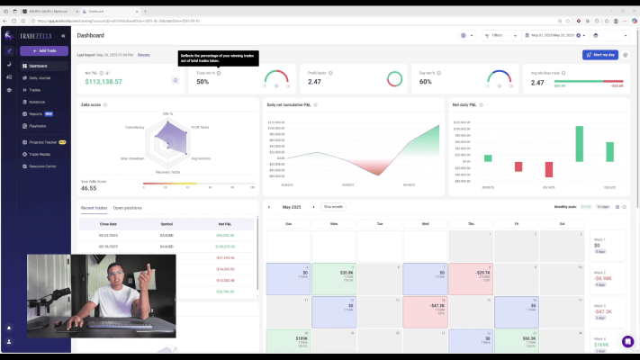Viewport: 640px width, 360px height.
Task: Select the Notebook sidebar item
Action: [x=37, y=102]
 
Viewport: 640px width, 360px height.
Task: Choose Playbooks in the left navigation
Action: [x=38, y=125]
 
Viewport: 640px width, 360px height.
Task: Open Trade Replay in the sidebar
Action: [x=41, y=154]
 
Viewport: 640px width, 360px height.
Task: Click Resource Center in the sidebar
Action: [x=43, y=166]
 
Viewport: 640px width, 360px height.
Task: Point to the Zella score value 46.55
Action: [x=89, y=188]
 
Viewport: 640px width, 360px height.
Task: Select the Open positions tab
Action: [x=127, y=208]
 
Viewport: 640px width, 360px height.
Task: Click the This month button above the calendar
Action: [x=333, y=207]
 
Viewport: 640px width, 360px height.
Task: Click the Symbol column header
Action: [x=167, y=223]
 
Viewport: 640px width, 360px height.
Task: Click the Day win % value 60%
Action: [x=426, y=82]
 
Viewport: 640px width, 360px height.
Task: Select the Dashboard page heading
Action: [x=90, y=35]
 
